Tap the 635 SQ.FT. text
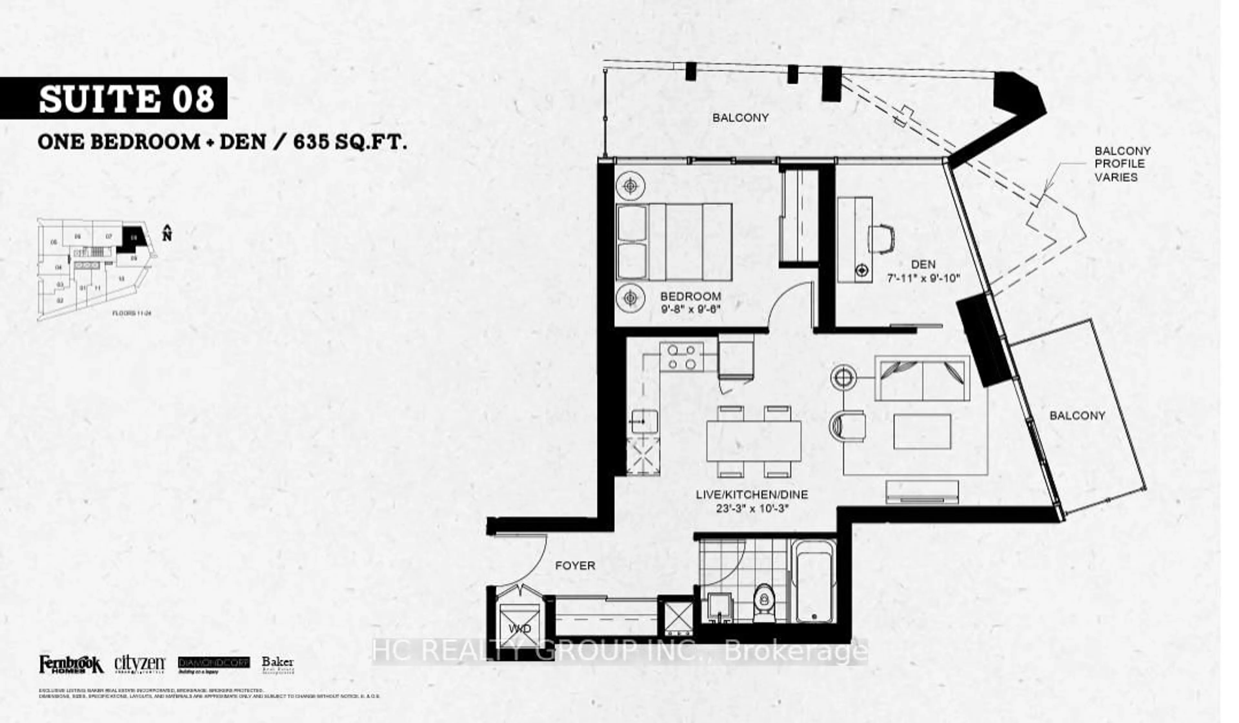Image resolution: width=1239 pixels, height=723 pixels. click(x=350, y=143)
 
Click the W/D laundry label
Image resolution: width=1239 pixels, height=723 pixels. click(x=520, y=629)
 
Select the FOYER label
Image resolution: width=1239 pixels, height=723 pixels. click(x=575, y=566)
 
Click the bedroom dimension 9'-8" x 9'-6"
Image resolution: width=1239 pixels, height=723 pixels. click(x=690, y=309)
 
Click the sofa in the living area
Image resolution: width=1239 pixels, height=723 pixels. click(x=922, y=379)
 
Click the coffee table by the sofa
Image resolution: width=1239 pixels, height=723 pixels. click(x=922, y=431)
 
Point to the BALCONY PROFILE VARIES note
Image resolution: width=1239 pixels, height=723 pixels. click(x=1122, y=164)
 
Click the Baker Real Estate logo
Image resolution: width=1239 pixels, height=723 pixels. click(x=278, y=665)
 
